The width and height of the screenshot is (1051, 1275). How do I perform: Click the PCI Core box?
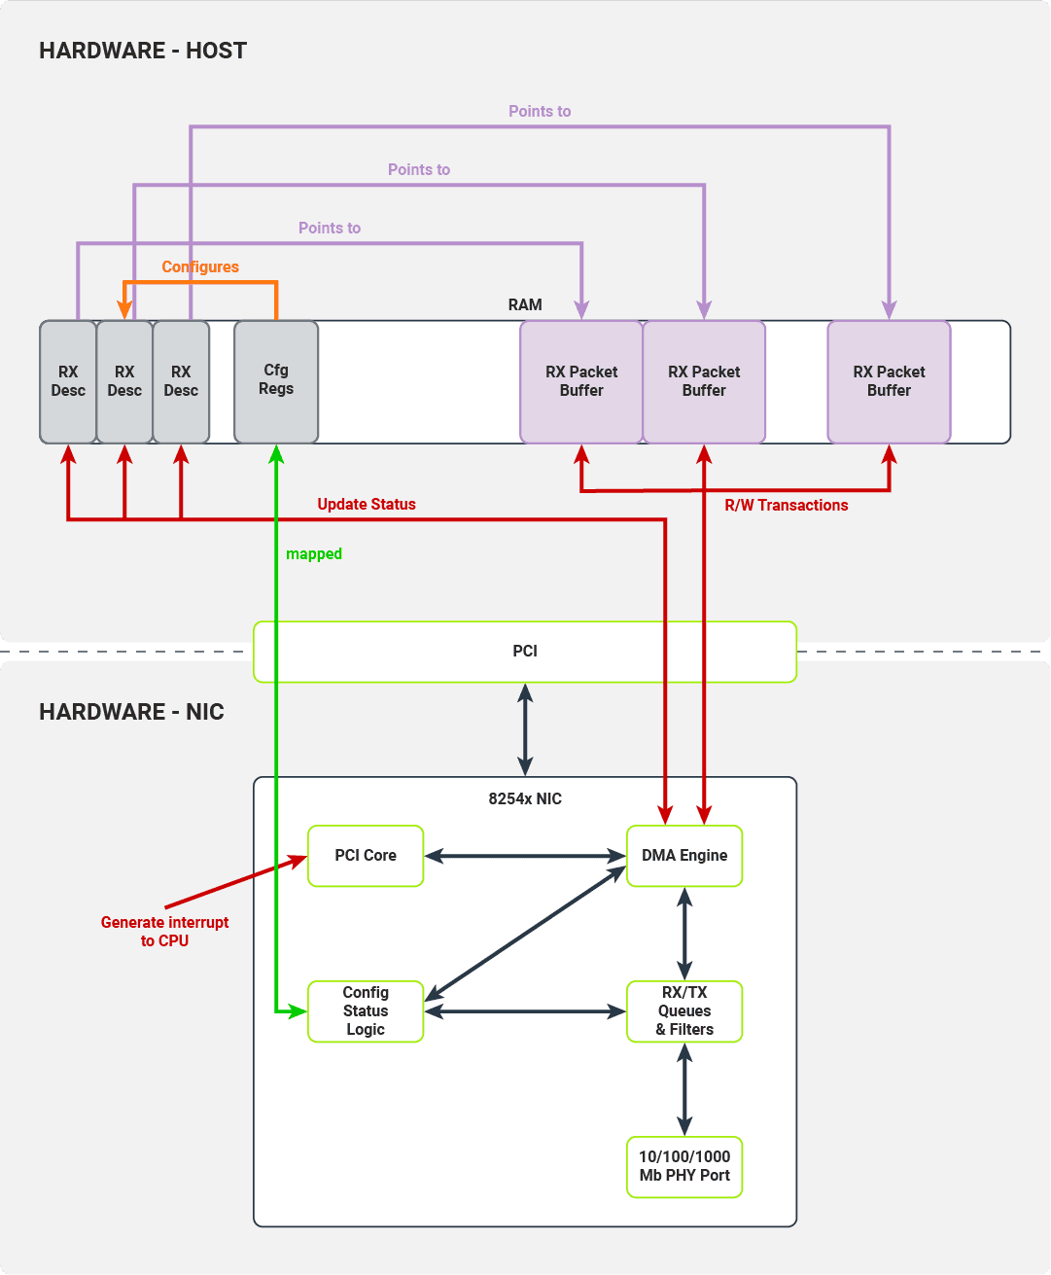pos(366,856)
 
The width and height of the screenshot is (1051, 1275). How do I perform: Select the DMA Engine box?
pos(684,856)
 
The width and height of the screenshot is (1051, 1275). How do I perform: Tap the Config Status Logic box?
pos(366,1011)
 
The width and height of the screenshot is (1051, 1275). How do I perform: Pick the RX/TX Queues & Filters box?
pos(684,1011)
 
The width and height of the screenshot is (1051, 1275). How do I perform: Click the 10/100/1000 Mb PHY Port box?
pos(684,1166)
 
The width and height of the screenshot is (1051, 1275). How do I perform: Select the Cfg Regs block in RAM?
pos(276,381)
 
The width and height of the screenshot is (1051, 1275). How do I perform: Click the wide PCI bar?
pos(525,652)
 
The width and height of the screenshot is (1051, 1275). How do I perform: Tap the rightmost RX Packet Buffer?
pos(889,381)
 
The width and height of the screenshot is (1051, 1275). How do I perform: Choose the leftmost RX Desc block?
pos(68,381)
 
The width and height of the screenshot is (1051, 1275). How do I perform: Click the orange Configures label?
pos(200,266)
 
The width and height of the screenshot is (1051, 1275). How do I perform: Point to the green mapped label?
pos(314,554)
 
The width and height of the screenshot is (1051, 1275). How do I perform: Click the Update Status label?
pos(367,504)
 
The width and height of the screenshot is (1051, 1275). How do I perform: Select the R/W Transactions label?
pos(787,505)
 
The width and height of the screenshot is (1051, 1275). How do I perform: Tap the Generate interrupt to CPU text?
pos(165,932)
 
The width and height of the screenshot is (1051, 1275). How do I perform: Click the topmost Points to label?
pos(540,111)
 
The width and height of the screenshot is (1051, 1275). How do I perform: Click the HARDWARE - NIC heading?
pos(131,712)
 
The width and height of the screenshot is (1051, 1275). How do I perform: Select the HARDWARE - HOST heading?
pos(143,51)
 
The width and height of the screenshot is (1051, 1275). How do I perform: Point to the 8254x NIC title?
pos(525,798)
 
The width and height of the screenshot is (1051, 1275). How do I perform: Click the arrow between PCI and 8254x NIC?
pos(525,729)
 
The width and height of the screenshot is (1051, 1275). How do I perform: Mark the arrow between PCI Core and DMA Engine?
pos(525,856)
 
